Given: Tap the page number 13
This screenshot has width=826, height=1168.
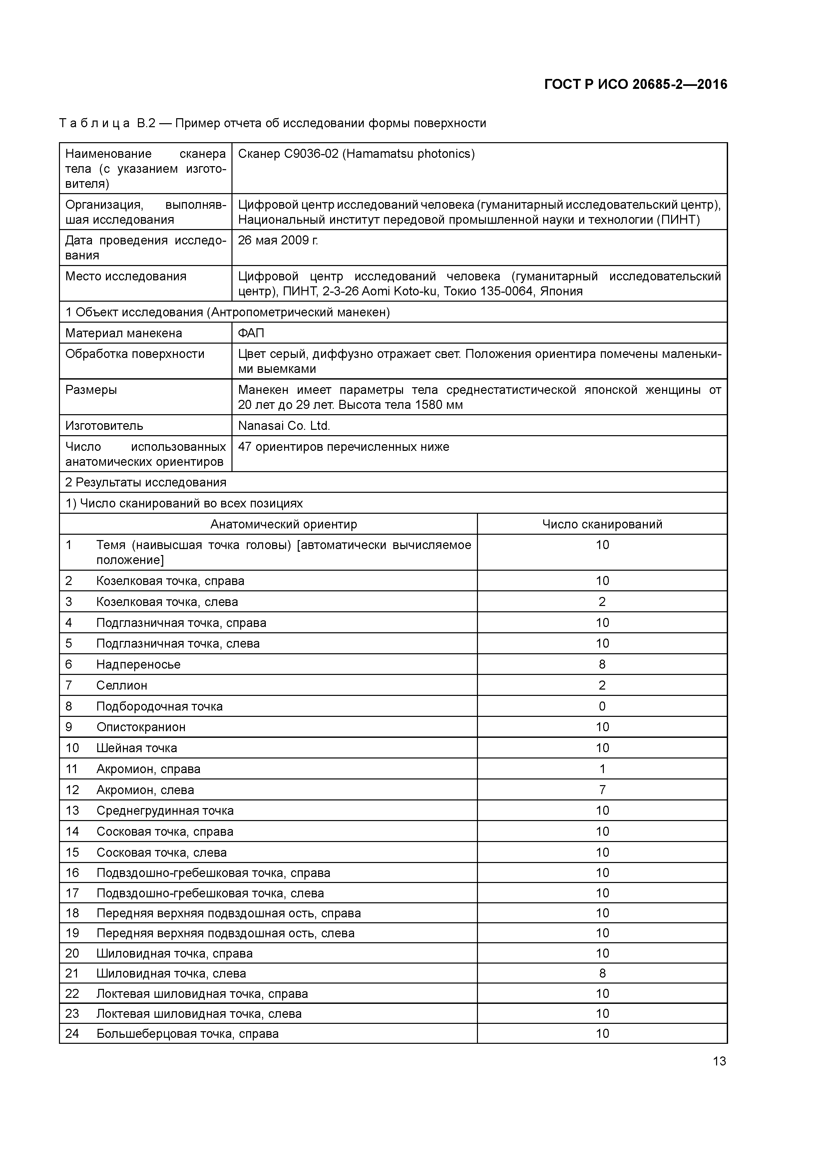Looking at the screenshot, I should tap(719, 1061).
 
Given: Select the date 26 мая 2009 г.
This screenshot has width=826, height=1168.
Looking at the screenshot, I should tap(278, 240).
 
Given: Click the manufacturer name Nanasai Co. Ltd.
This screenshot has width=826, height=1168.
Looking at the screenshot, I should tap(284, 426).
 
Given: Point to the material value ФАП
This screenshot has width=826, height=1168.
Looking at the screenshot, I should tap(251, 333).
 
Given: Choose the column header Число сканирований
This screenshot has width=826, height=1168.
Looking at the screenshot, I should tap(602, 524).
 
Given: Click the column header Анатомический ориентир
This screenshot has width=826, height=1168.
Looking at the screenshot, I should tap(283, 524).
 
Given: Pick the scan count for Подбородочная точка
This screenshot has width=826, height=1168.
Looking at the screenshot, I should tap(602, 706).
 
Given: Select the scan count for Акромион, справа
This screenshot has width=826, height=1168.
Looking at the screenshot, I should tap(602, 769).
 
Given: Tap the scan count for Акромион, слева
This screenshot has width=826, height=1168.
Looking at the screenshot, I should tap(602, 789).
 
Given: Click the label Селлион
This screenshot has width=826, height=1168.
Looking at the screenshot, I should tap(122, 685).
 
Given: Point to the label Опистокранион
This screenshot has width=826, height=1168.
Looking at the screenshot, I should tap(141, 727).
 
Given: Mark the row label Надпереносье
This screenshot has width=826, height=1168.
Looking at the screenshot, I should tap(139, 664).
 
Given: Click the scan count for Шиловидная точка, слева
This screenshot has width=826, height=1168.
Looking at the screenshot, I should tap(602, 973).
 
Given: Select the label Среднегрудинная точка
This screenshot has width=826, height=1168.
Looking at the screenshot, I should tap(165, 810).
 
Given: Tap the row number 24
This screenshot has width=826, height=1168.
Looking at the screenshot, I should tap(72, 1033).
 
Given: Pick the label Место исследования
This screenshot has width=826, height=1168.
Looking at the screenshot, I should tap(126, 276).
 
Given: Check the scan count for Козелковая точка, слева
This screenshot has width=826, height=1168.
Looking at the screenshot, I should tap(602, 602).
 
